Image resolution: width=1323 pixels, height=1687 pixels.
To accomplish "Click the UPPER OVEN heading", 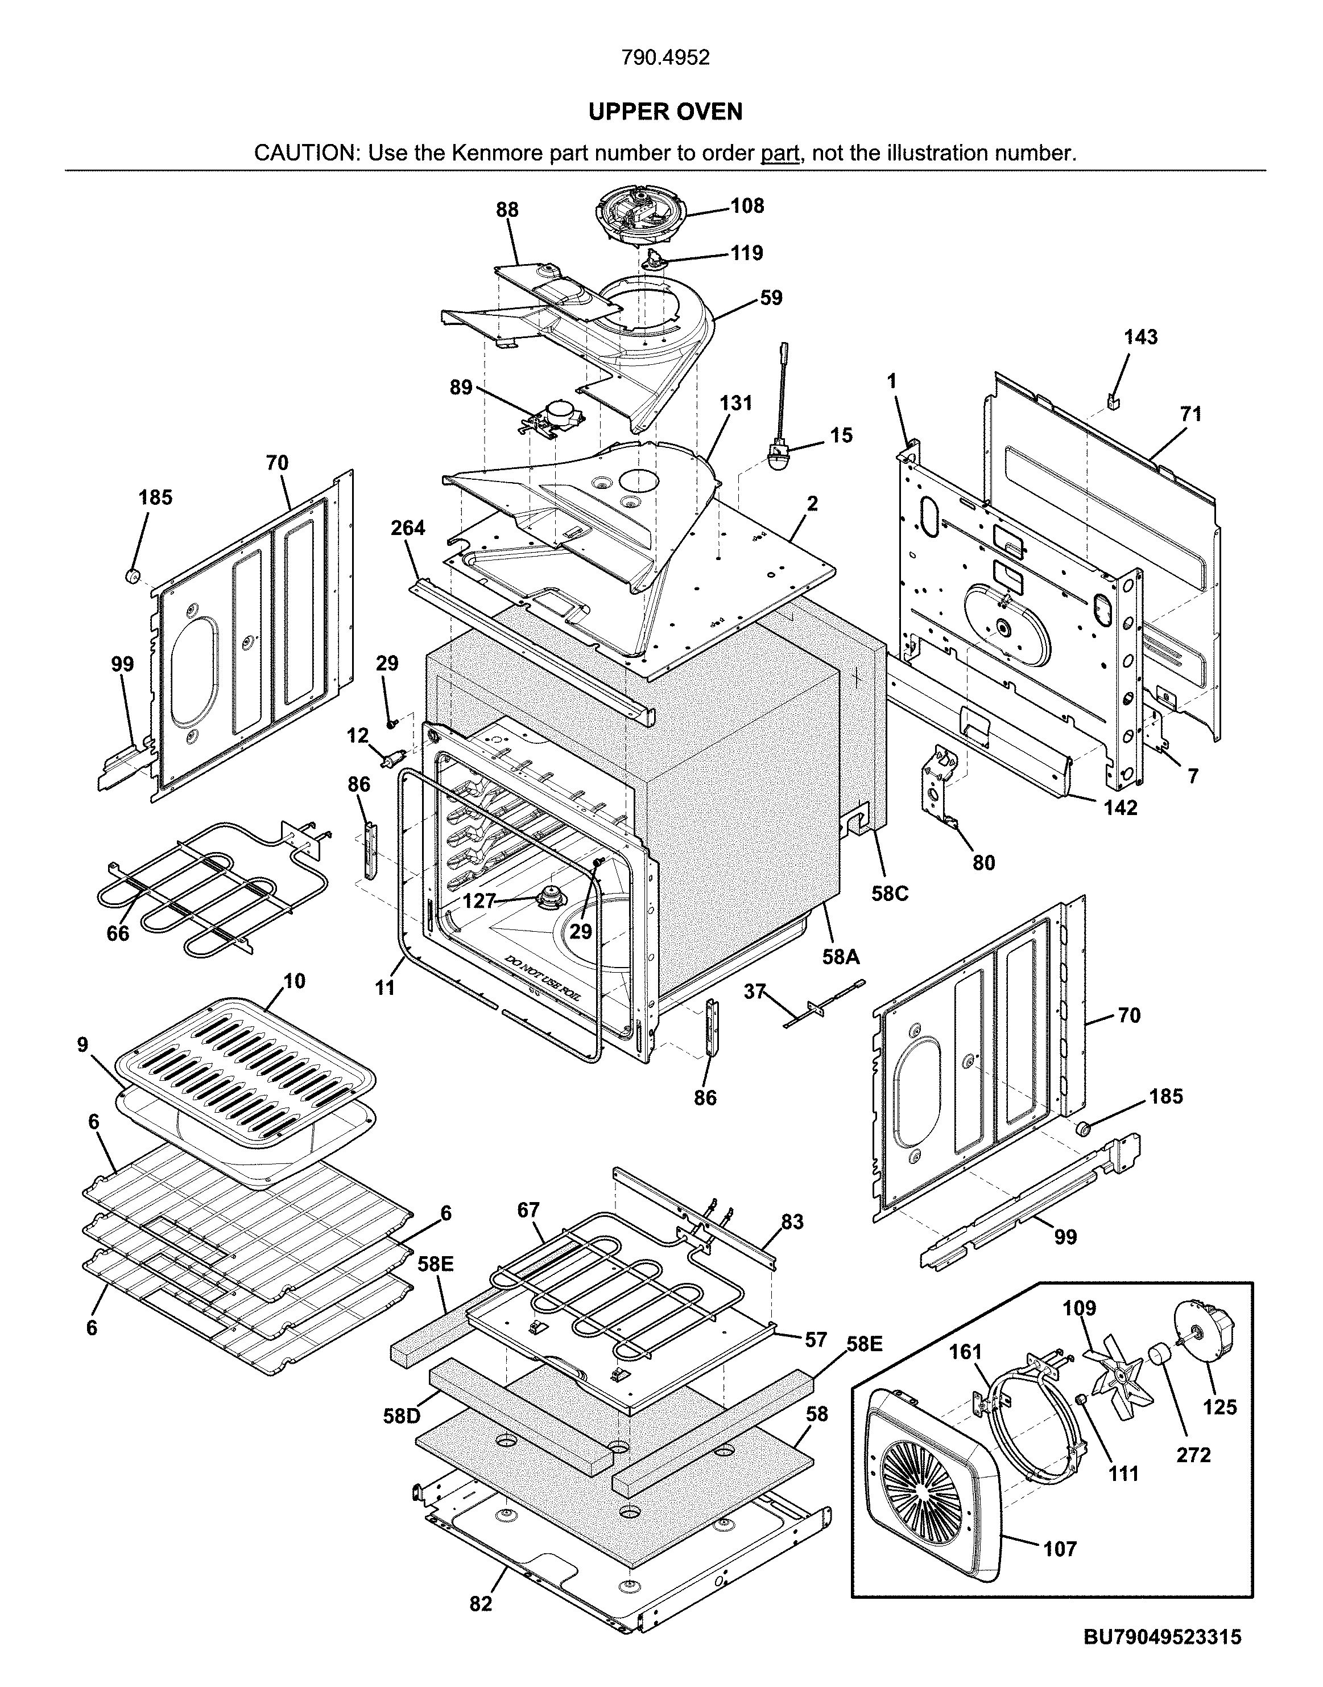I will [665, 112].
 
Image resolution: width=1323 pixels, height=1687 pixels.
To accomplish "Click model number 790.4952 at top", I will [665, 58].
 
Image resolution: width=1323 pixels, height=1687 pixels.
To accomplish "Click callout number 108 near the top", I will [747, 205].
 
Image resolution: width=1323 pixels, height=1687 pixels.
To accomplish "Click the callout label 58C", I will [889, 894].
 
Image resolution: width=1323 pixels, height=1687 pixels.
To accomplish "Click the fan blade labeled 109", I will [1115, 1377].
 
